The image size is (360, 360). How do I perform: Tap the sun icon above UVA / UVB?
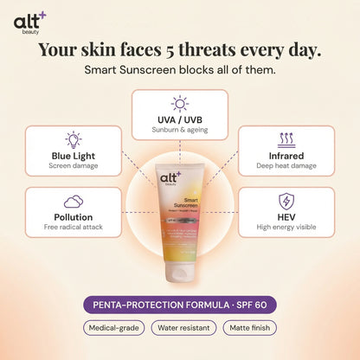tap(180, 104)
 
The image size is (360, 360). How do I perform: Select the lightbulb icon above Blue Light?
tap(74, 139)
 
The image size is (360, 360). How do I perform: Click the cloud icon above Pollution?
tap(74, 202)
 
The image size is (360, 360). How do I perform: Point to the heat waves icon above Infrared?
tap(286, 139)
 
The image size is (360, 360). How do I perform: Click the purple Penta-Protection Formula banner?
tap(180, 304)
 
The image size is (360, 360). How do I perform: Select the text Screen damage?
tap(74, 165)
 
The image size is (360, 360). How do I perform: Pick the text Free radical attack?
tap(74, 227)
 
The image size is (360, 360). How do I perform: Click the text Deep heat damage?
tap(286, 165)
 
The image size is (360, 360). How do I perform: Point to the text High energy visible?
tap(286, 227)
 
